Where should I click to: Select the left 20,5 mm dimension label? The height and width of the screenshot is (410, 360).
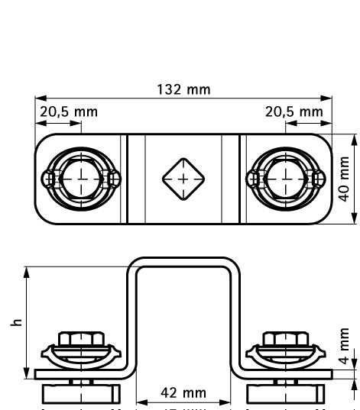(x=69, y=111)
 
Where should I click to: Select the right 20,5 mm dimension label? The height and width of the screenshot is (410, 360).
(x=294, y=111)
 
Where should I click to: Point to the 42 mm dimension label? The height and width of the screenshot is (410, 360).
(x=184, y=392)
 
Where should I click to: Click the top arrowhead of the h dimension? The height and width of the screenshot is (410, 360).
(x=27, y=270)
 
